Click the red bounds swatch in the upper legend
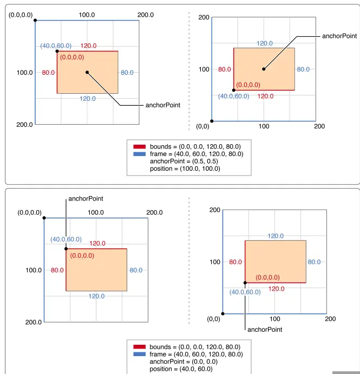140,146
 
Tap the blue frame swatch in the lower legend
140,354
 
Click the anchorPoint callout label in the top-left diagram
163,105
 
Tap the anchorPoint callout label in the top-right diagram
339,36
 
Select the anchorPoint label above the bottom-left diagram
86,199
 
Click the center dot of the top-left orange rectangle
87,72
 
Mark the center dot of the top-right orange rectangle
264,69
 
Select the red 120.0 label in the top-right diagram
265,96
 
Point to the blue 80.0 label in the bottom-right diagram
314,262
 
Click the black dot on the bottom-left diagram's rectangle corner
66,249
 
